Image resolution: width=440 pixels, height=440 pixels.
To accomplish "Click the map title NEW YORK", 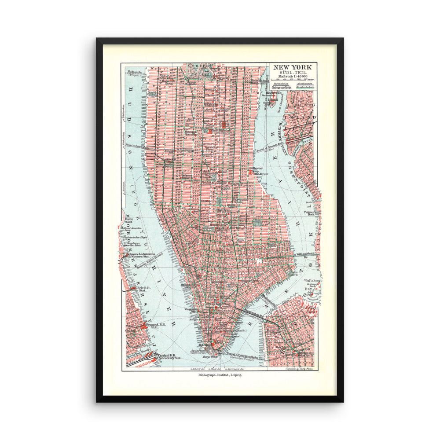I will click(292, 67).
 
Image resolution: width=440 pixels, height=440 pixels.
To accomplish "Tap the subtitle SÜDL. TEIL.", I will click(292, 72).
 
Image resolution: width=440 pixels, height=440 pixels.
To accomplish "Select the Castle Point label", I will click(129, 220).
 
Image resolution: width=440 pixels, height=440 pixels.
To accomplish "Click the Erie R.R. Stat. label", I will click(135, 289).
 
